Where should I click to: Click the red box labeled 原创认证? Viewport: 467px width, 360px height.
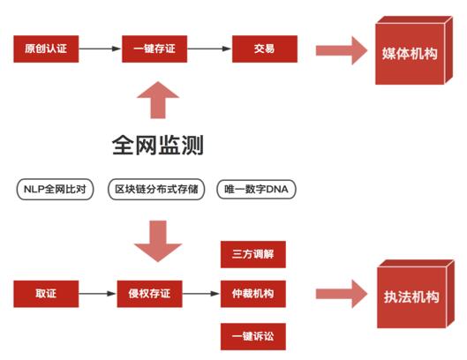coord(46,49)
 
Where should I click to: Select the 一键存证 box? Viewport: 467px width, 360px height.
coord(154,49)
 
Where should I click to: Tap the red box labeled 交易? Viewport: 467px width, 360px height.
coord(265,49)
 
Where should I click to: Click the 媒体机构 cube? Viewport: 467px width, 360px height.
coord(414,50)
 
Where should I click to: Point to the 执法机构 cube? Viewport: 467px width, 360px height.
coord(416,294)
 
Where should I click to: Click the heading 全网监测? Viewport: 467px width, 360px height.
coord(158,145)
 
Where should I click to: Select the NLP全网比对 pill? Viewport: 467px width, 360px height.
coord(55,189)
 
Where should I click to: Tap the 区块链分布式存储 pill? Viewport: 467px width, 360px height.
coord(156,189)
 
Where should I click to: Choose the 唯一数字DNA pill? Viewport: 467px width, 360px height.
coord(256,189)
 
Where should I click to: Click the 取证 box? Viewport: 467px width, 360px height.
coord(46,294)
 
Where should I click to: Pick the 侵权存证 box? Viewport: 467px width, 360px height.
coord(149,294)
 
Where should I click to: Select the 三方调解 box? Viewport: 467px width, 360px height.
coord(253,254)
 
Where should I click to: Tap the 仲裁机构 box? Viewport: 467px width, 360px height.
coord(253,294)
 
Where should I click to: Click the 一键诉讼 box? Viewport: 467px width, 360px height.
coord(253,336)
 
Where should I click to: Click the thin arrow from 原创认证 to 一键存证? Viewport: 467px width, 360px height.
coord(101,49)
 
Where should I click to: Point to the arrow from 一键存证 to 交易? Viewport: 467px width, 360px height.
coord(210,49)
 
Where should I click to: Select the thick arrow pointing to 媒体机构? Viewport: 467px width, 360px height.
coord(342,50)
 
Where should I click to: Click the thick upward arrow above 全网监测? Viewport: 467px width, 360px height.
coord(158,100)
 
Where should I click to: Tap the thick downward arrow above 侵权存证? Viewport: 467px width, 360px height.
coord(158,241)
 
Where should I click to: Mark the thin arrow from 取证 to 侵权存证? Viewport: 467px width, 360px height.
coord(98,294)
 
